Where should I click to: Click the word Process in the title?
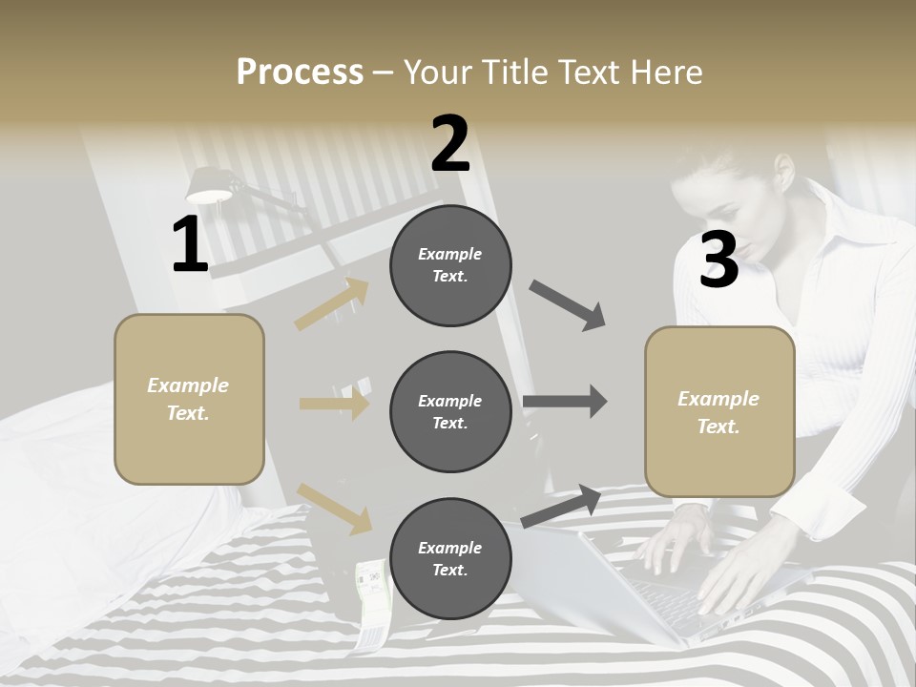(x=300, y=73)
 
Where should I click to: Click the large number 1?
(x=190, y=245)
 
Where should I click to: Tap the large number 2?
(x=450, y=144)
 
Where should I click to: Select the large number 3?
(x=719, y=260)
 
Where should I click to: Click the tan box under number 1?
(x=189, y=399)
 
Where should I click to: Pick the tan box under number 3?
(x=719, y=411)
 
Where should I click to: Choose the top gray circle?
(x=450, y=265)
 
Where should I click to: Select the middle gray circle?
(x=450, y=411)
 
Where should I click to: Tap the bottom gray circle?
(x=450, y=558)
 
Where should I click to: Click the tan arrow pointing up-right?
(x=332, y=304)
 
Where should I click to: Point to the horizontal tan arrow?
(x=334, y=404)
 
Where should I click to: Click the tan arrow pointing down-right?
(x=334, y=508)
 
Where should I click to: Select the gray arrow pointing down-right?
(x=568, y=305)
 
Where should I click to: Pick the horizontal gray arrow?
(x=565, y=402)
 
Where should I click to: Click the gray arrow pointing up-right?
(x=561, y=506)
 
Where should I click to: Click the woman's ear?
(x=783, y=172)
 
